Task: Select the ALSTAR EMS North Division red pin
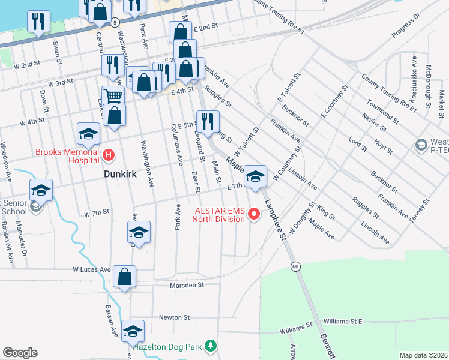pyautogui.click(x=254, y=214)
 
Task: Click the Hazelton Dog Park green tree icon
pyautogui.click(x=210, y=346)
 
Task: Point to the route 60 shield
pyautogui.click(x=295, y=266)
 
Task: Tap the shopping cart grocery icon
pyautogui.click(x=112, y=95)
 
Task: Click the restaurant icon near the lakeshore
pyautogui.click(x=38, y=22)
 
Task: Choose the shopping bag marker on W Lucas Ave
pyautogui.click(x=124, y=277)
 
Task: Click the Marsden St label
pyautogui.click(x=187, y=285)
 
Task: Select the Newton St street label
pyautogui.click(x=174, y=317)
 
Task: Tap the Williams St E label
pyautogui.click(x=343, y=322)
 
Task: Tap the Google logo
pyautogui.click(x=20, y=353)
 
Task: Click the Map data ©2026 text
pyautogui.click(x=423, y=355)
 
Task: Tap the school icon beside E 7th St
pyautogui.click(x=255, y=177)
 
